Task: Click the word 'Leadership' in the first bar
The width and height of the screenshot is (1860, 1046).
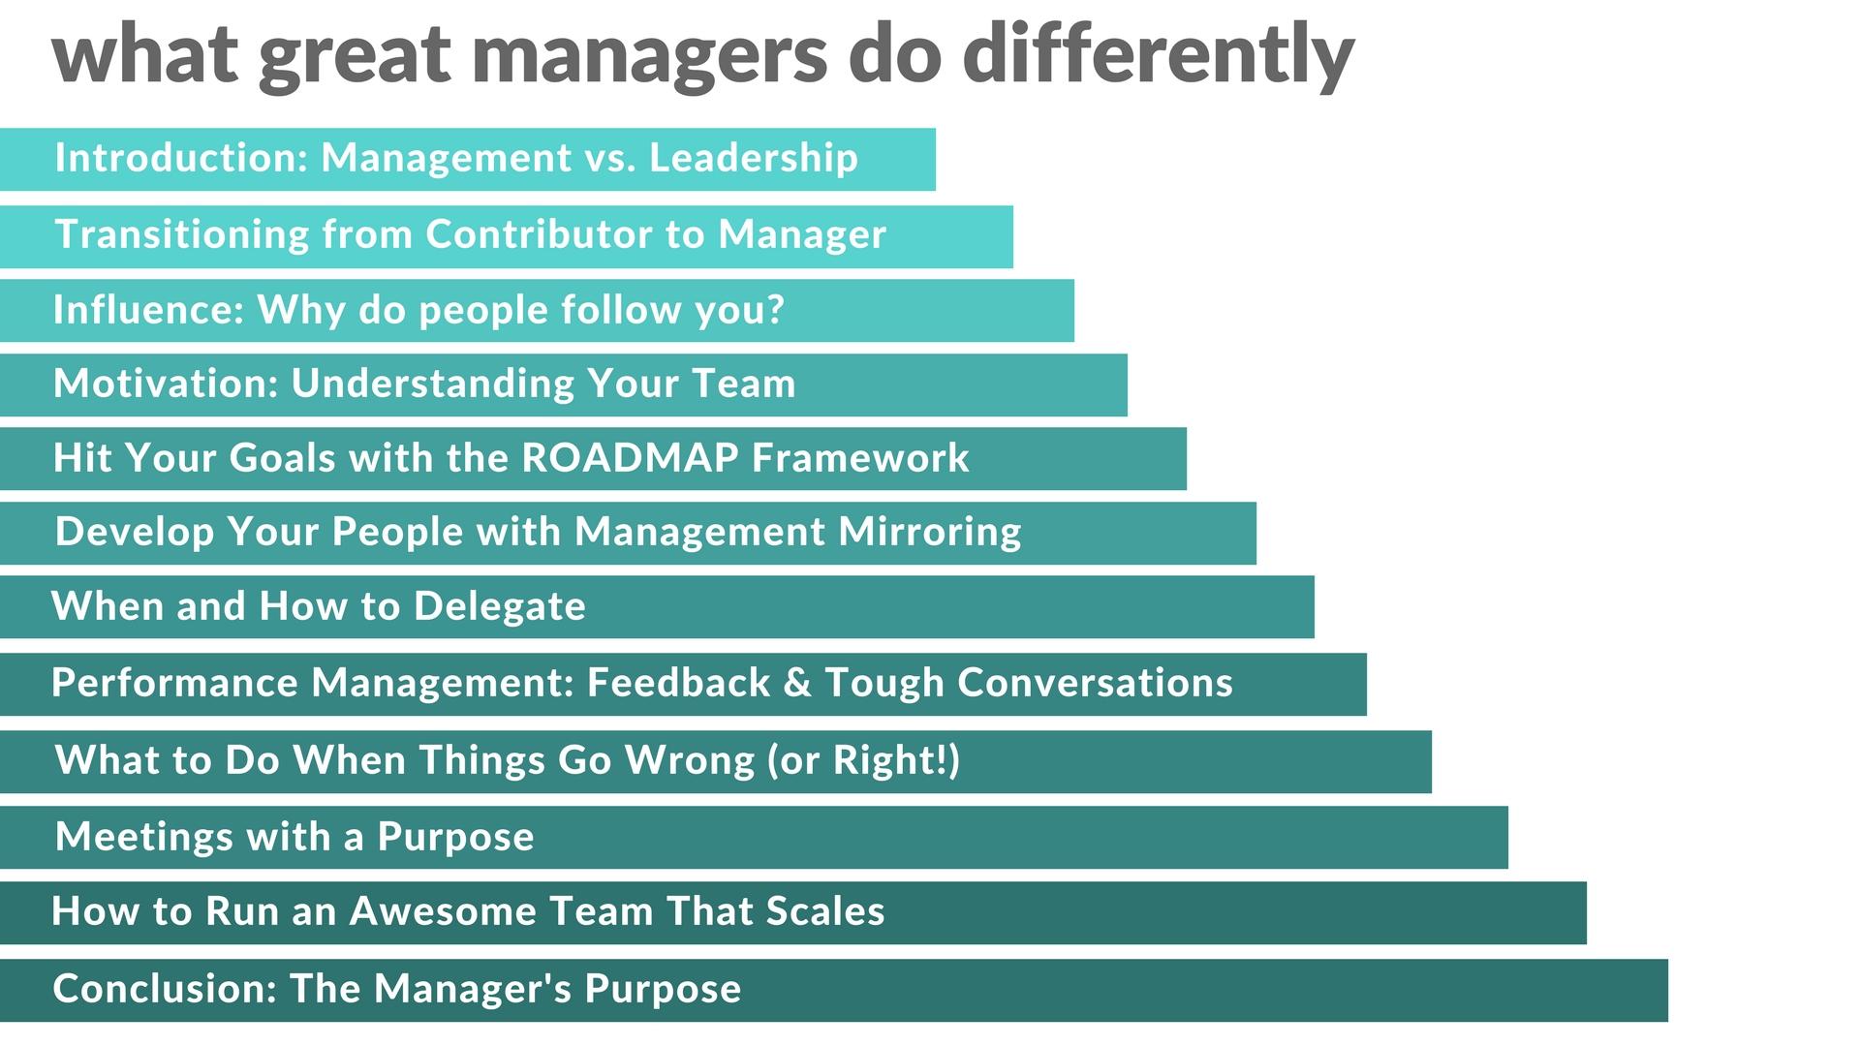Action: [754, 158]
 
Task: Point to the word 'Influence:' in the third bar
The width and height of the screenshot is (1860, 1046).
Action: [147, 310]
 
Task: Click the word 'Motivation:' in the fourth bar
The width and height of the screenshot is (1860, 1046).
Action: [165, 384]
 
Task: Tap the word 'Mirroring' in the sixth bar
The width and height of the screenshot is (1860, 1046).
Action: [930, 532]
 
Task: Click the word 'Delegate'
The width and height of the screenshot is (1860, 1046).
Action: [499, 606]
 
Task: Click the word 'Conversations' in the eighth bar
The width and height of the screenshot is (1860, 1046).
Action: [1095, 683]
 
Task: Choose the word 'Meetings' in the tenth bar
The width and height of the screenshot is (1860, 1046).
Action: [144, 837]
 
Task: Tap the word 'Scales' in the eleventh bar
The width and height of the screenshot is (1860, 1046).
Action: [824, 911]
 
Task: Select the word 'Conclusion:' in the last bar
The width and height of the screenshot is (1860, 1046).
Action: [165, 989]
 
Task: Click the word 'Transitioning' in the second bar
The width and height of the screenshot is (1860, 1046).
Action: [181, 234]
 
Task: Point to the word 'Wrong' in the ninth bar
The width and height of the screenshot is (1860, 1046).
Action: [690, 760]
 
